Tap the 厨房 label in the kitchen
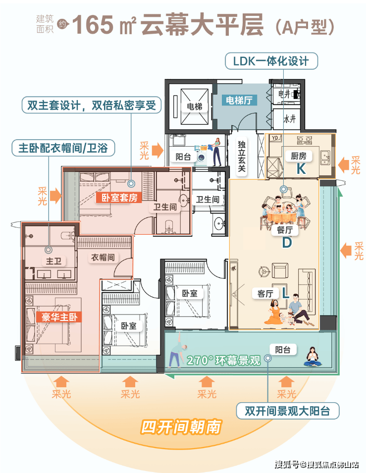(299, 156)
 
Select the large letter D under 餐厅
(286, 243)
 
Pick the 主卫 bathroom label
(53, 261)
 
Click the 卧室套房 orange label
(119, 198)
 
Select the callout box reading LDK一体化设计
(271, 61)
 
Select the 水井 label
(289, 119)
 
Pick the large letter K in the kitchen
(300, 169)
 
